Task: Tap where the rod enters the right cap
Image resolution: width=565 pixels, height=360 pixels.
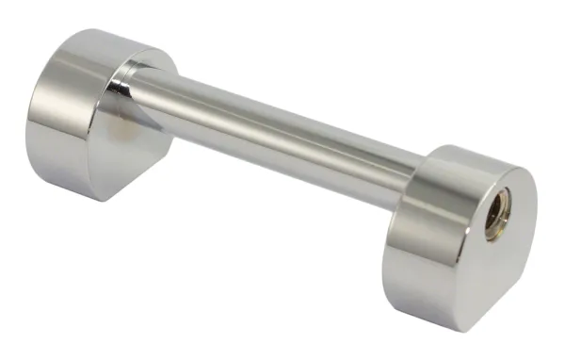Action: point(415,185)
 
